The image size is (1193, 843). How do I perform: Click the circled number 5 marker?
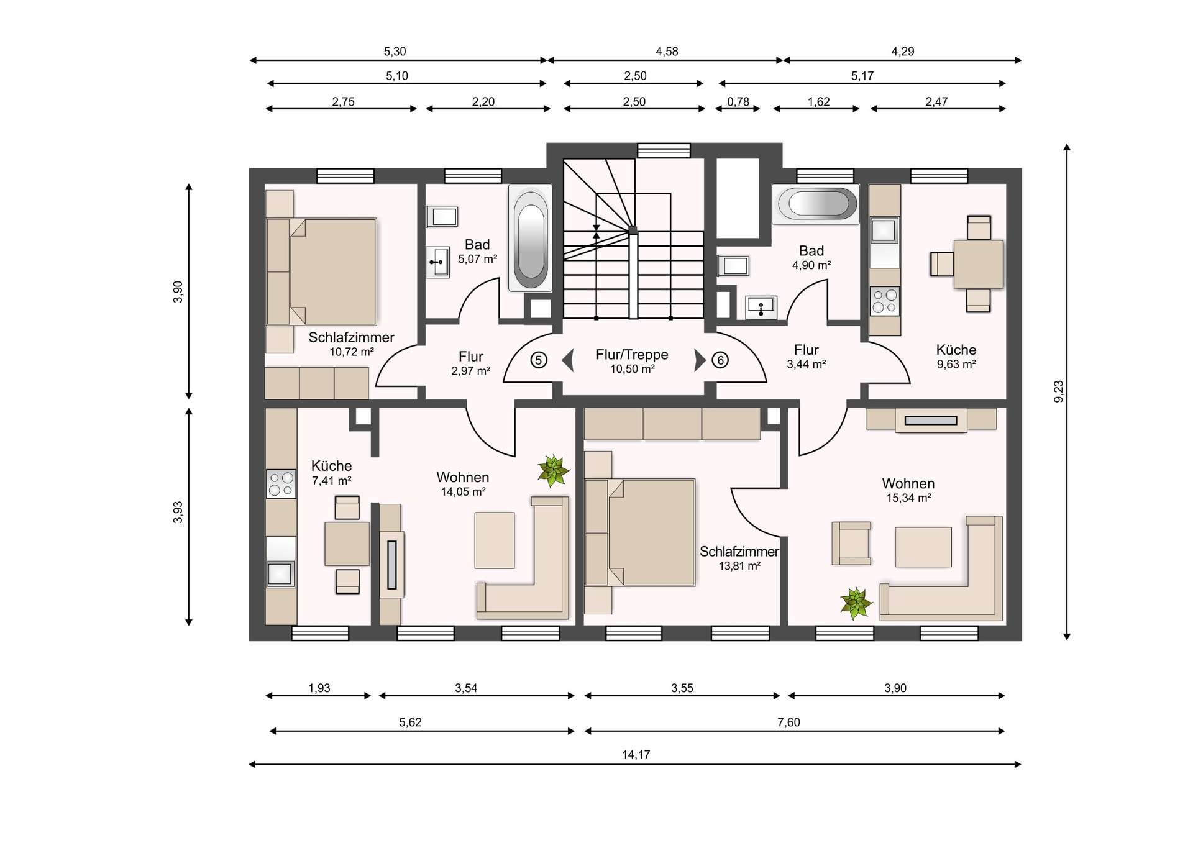coord(539,360)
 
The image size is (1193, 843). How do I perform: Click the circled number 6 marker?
coord(720,360)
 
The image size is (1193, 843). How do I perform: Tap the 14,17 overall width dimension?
coord(636,755)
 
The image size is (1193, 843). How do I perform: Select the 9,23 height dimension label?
coord(1059,391)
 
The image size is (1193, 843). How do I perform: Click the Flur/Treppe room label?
coord(632,355)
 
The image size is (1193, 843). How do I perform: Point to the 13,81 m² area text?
coord(739,566)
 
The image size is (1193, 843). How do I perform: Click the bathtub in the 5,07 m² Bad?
coord(530,238)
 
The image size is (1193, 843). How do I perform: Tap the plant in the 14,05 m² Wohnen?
coord(552,470)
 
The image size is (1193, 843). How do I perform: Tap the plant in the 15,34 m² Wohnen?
coord(856,603)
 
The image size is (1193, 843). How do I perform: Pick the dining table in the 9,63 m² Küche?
coord(978,264)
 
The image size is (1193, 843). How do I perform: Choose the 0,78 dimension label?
coord(738,102)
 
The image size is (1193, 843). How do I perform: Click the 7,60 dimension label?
coord(788,722)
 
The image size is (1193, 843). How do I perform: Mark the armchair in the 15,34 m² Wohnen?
coord(851,543)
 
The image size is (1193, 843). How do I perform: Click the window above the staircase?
coord(664,150)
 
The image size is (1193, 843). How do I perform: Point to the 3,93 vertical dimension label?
coord(178,513)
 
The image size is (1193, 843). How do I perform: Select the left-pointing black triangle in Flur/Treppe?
coord(567,360)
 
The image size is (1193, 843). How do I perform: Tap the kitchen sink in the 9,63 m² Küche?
coord(884,230)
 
